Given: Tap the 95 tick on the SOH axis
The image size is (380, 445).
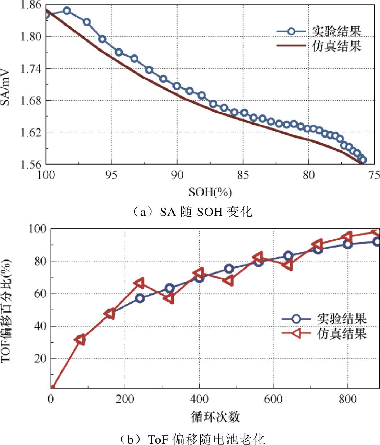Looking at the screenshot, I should (111, 175).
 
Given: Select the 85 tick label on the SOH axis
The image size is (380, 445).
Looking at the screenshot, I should (243, 175).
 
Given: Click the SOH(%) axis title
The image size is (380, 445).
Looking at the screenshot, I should (210, 192).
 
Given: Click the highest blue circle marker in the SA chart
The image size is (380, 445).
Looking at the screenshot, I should (67, 11).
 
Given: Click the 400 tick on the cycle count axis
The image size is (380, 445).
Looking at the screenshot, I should (199, 399).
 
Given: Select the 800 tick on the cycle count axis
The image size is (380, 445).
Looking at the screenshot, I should (347, 399).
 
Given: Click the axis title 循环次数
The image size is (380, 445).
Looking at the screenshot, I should (215, 417).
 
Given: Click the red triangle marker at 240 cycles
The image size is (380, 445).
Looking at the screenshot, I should (139, 283).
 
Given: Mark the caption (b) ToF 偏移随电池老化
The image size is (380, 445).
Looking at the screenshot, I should (192, 439).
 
